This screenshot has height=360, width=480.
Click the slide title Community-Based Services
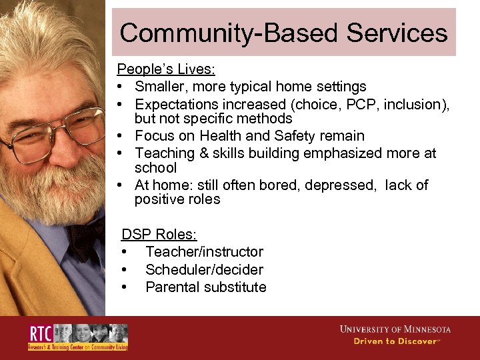point(283,33)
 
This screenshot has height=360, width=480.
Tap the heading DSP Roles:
point(159,235)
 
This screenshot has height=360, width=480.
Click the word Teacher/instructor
point(204,252)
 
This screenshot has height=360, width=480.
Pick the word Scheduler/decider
point(204,270)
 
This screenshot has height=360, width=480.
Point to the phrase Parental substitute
point(205,287)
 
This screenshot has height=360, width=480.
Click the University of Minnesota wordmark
point(395,329)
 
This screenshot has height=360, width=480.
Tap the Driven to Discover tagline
point(396,341)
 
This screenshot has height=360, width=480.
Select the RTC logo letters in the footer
point(40,333)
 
